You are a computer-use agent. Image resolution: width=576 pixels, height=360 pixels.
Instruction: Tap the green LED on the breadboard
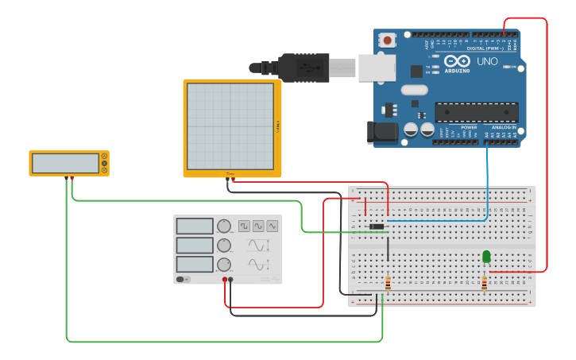486,256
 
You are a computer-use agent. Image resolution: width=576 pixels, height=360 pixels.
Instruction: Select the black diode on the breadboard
377,227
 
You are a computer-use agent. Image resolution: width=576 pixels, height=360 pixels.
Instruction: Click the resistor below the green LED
484,283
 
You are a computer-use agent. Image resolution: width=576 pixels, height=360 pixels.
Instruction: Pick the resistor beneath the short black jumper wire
388,284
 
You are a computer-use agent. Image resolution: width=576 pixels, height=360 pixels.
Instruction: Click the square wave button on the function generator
244,226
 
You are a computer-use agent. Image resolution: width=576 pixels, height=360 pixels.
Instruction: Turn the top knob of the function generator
224,226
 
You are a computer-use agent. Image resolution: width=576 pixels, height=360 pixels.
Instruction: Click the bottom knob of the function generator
224,265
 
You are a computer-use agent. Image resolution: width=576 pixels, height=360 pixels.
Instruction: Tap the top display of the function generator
195,226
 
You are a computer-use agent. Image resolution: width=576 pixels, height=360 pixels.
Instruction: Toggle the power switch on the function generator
183,279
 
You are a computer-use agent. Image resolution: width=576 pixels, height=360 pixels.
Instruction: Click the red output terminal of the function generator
226,280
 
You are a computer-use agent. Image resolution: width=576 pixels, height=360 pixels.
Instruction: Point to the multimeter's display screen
65,163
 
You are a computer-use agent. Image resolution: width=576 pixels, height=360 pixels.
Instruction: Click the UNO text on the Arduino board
486,61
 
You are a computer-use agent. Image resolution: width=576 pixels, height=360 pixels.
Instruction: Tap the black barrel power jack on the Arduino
382,133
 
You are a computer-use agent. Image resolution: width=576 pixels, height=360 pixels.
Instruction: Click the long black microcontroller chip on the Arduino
476,112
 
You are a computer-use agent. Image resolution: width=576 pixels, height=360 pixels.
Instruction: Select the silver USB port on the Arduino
377,68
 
